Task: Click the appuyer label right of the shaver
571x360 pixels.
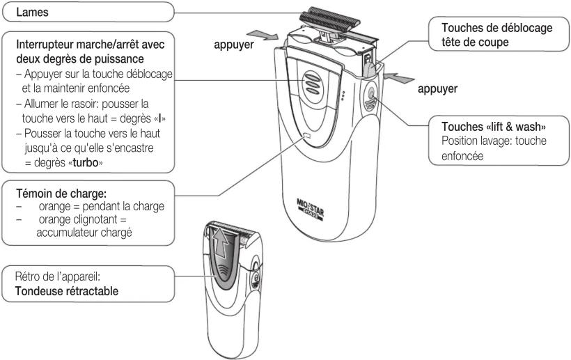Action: click(436, 90)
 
